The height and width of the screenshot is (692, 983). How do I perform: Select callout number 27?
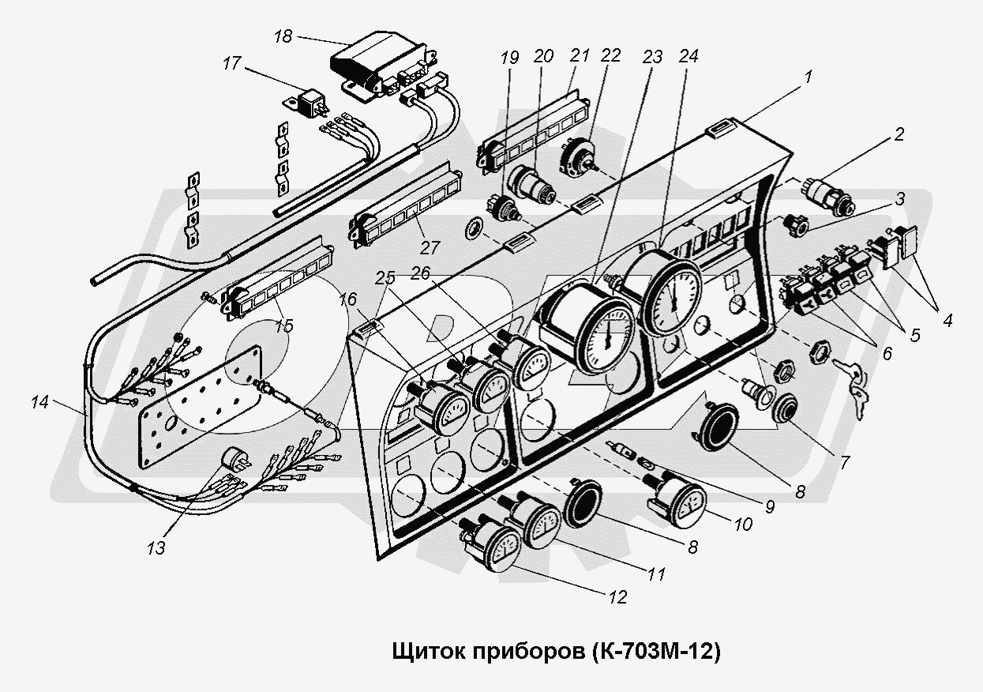(x=430, y=247)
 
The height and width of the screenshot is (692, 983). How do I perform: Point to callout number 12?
(x=618, y=597)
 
